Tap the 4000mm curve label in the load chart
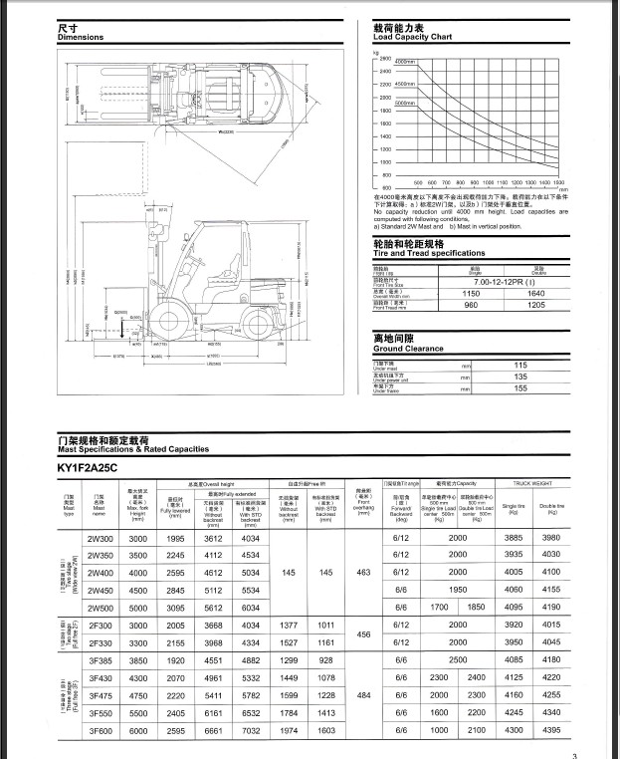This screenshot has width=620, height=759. click(x=405, y=63)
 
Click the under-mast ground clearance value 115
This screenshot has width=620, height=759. click(x=492, y=366)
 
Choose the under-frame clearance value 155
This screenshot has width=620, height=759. click(x=492, y=389)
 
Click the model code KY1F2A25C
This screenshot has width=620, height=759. click(x=88, y=466)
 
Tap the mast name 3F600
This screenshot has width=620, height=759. click(x=100, y=730)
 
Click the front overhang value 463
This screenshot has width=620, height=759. click(x=362, y=573)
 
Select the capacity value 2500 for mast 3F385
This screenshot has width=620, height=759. click(x=457, y=658)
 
